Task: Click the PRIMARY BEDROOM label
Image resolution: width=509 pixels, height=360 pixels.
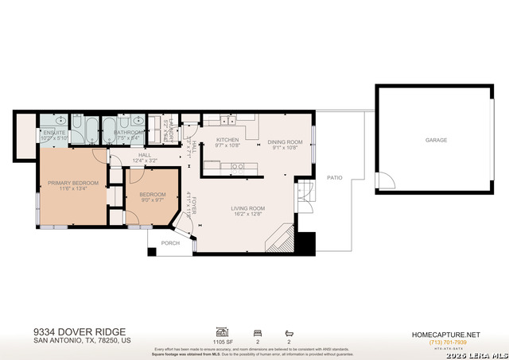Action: [72, 183]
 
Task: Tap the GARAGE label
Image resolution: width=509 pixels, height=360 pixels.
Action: [436, 140]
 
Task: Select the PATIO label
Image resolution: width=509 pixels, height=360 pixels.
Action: [335, 177]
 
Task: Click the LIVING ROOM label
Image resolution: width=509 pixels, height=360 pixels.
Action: [248, 208]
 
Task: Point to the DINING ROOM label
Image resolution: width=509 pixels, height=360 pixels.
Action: [285, 141]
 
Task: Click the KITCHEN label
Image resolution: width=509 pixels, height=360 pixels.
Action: [227, 141]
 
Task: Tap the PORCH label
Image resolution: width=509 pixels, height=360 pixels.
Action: [170, 243]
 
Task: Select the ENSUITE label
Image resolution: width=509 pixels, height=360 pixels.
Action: [54, 132]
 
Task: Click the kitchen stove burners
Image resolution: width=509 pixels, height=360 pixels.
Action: [237, 166]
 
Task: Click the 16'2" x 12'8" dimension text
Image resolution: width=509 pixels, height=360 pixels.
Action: [248, 214]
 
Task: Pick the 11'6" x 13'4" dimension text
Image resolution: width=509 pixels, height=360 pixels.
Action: [72, 189]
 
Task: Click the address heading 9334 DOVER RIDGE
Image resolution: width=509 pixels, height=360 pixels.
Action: [80, 332]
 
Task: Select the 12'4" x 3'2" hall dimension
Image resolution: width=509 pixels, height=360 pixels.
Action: [145, 161]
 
